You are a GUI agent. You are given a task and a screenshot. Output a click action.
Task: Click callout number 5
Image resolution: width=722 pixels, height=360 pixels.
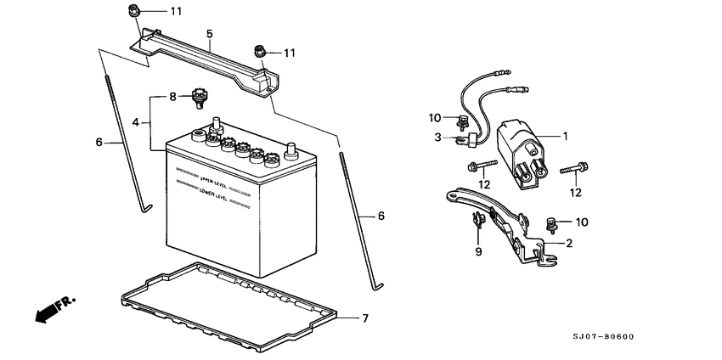point(209,34)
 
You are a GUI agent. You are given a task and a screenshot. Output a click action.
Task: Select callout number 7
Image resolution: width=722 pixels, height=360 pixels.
point(365,318)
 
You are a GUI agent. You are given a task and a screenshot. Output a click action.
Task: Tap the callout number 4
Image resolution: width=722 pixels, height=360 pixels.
point(135,123)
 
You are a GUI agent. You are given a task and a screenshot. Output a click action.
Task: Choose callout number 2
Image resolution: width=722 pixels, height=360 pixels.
point(568,243)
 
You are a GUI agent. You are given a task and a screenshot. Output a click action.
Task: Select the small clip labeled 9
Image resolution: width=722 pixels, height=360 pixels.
point(477,222)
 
